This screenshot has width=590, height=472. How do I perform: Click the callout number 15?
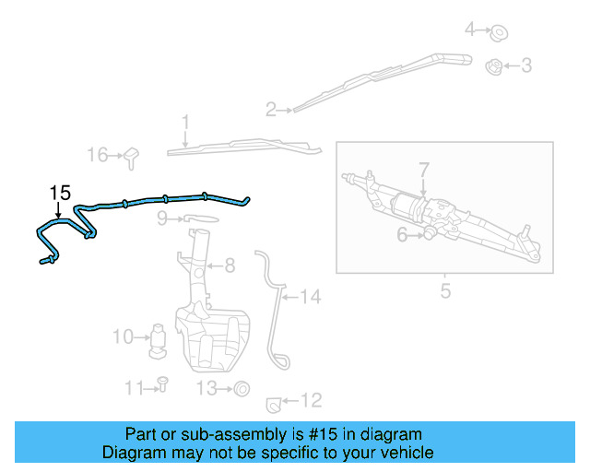(60, 193)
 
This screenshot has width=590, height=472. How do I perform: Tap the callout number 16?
(97, 155)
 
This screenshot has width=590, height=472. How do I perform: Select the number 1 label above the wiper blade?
(185, 122)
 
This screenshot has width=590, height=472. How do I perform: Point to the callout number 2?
(271, 111)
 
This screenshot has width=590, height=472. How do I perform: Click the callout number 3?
(526, 65)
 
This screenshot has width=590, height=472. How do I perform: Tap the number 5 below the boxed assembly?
(445, 292)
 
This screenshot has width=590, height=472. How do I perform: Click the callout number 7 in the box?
(424, 170)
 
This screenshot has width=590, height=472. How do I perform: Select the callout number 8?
(229, 265)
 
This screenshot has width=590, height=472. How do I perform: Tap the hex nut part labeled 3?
(493, 66)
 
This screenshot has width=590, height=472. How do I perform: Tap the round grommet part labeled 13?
(242, 388)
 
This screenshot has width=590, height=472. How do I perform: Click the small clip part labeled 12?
(272, 402)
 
